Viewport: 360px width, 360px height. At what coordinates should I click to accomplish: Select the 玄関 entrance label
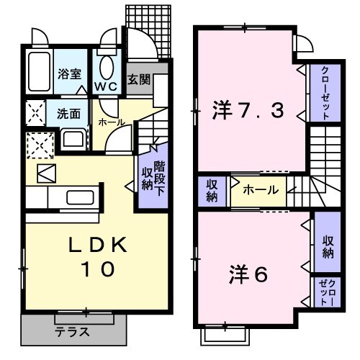[x=139, y=79]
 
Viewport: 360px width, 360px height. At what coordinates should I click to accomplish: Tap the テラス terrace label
[x=72, y=333]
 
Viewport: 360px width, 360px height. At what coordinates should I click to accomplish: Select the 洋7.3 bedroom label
[x=249, y=112]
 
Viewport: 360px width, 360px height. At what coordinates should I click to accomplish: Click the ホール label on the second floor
[x=258, y=190]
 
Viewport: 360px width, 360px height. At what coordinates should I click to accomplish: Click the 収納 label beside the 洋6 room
[x=328, y=247]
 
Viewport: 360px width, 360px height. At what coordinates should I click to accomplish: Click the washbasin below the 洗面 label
[x=73, y=138]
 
